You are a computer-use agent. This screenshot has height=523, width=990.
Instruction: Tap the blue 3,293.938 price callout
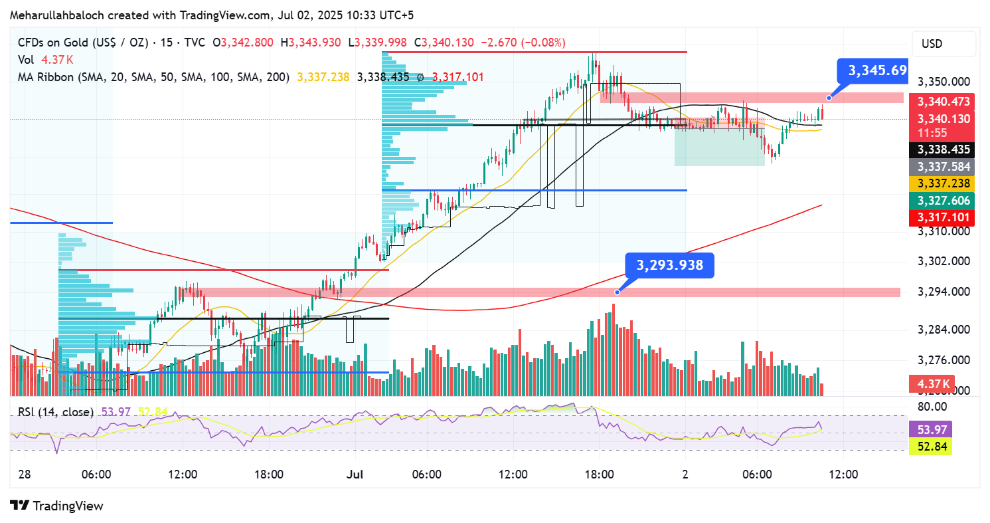(669, 266)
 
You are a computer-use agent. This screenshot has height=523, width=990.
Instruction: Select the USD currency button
(932, 45)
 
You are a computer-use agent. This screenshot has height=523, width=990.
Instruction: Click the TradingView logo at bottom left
(57, 506)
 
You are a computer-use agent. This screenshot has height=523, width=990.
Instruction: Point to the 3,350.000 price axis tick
(943, 82)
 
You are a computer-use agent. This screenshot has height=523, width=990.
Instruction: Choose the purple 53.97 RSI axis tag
(933, 429)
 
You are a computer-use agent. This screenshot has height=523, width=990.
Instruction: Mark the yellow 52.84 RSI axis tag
(933, 446)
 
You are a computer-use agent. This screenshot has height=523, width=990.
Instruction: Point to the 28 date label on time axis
(25, 475)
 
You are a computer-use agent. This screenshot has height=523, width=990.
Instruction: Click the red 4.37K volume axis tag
(932, 384)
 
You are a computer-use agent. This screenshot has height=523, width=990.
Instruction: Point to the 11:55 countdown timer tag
(932, 133)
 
